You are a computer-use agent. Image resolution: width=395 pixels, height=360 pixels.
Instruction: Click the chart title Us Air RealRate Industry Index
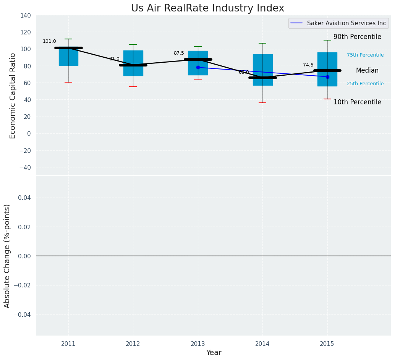(x=207, y=8)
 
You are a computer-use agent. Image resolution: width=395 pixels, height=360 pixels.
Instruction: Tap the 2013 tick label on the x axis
(x=197, y=344)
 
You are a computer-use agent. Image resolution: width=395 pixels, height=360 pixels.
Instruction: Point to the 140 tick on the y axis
(x=26, y=16)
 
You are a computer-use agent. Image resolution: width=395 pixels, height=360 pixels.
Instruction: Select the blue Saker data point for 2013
(x=198, y=67)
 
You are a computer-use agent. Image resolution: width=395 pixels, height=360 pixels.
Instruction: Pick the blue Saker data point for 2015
(x=327, y=77)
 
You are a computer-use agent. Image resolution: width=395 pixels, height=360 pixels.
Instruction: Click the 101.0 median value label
(x=49, y=41)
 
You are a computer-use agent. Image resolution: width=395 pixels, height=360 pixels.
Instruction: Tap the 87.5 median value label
(x=179, y=53)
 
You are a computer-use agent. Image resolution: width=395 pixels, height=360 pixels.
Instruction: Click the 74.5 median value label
(x=308, y=65)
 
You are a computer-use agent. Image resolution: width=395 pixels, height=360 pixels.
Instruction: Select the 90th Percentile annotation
(x=357, y=37)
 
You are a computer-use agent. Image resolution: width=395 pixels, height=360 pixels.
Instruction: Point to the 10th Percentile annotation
(x=357, y=102)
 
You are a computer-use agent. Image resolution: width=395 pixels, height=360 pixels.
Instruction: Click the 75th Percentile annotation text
(x=365, y=55)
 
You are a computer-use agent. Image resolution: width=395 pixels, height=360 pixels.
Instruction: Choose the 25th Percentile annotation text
(x=365, y=84)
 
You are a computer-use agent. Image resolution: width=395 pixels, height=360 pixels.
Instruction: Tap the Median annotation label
(x=367, y=71)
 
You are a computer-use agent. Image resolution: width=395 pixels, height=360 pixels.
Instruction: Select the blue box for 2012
(x=133, y=57)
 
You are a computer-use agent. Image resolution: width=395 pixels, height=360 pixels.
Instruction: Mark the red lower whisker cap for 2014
(x=262, y=103)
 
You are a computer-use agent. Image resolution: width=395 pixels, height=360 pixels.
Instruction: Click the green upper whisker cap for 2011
(x=68, y=39)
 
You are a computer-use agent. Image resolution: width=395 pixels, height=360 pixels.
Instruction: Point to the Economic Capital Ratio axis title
(x=13, y=96)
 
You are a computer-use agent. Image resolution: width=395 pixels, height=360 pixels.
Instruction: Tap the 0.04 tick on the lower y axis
(x=24, y=198)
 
